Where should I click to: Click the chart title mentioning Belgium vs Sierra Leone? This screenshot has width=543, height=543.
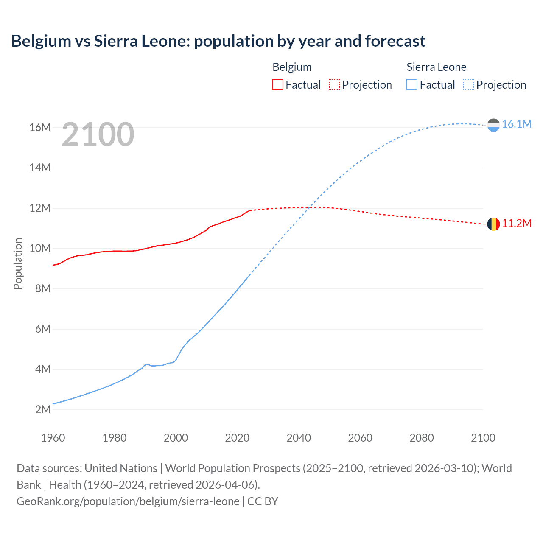[218, 41]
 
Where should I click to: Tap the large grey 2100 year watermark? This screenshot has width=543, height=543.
[98, 134]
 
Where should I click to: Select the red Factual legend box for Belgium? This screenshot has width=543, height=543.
[277, 85]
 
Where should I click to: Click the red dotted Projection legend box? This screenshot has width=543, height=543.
[334, 85]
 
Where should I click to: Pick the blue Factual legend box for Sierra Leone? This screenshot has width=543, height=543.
[411, 85]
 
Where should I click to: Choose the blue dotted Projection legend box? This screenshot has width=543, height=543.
[468, 85]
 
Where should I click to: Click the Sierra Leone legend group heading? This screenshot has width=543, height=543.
[436, 67]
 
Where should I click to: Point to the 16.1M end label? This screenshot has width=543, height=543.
[516, 124]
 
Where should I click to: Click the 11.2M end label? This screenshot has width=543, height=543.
[516, 224]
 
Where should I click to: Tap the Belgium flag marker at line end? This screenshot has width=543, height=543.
[493, 224]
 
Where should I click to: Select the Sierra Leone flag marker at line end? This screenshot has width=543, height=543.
[493, 125]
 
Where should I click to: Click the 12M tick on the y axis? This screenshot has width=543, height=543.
[40, 208]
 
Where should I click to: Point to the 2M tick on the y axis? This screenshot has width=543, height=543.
[42, 409]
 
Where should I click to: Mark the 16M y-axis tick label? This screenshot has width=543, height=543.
[40, 127]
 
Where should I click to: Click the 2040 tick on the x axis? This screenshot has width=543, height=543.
[299, 438]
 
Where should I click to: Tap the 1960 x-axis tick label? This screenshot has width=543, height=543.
[53, 438]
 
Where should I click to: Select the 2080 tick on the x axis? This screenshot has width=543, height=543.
[422, 438]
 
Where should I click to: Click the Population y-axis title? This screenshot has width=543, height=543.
[18, 263]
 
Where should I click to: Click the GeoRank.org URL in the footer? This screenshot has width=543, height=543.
[128, 501]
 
